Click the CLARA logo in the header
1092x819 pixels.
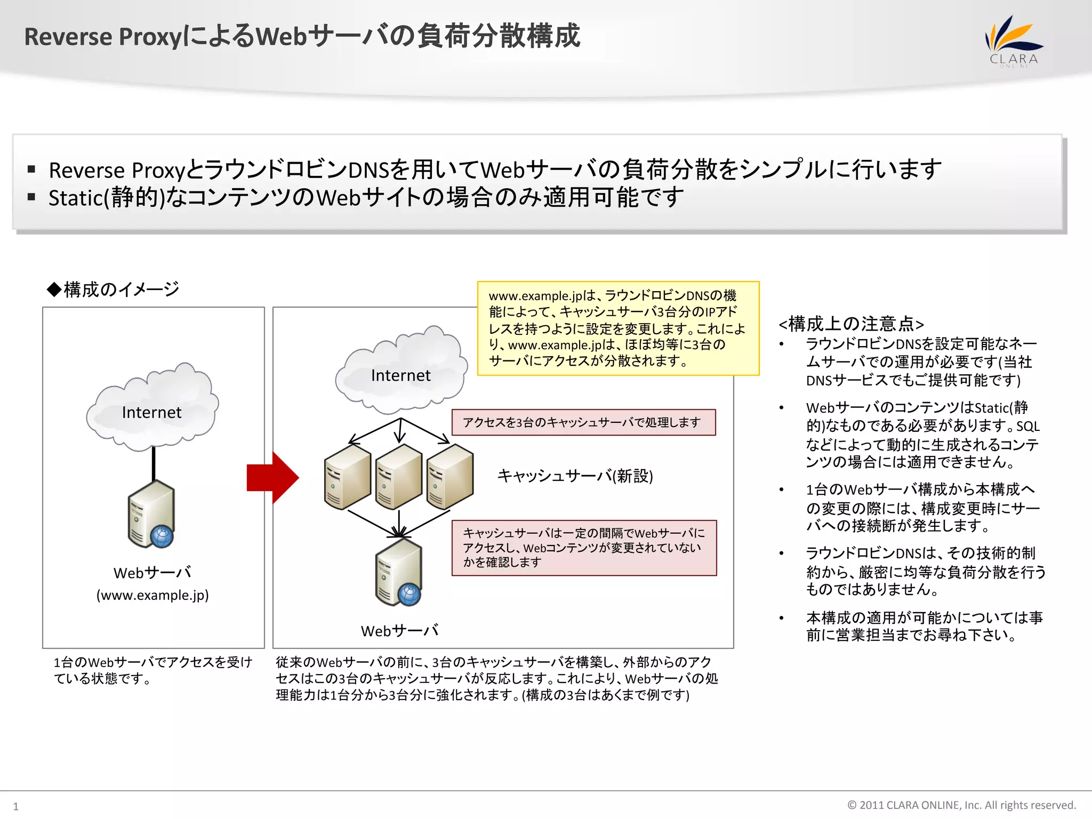pyautogui.click(x=1013, y=42)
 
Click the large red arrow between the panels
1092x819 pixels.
pyautogui.click(x=272, y=478)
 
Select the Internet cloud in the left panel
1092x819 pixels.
pyautogui.click(x=152, y=408)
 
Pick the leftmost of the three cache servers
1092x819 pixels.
pyautogui.click(x=347, y=478)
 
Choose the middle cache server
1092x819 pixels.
pyautogui.click(x=398, y=478)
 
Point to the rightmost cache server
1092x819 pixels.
pyautogui.click(x=449, y=478)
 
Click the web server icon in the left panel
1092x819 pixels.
pyautogui.click(x=151, y=514)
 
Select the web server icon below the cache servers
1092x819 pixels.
pyautogui.click(x=399, y=573)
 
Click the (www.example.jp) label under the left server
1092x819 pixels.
pyautogui.click(x=152, y=595)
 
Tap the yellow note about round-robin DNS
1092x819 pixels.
pyautogui.click(x=618, y=328)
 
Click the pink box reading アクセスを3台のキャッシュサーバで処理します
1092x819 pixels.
pyautogui.click(x=583, y=422)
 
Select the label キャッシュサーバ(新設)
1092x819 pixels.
pyautogui.click(x=575, y=476)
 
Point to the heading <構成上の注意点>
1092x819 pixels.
pyautogui.click(x=851, y=324)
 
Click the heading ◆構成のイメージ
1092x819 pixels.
pyautogui.click(x=113, y=289)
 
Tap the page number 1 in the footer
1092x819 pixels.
pyautogui.click(x=15, y=806)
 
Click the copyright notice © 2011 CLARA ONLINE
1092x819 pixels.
pyautogui.click(x=961, y=805)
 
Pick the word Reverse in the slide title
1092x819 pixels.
pyautogui.click(x=68, y=37)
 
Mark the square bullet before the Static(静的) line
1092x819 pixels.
pyautogui.click(x=31, y=197)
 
